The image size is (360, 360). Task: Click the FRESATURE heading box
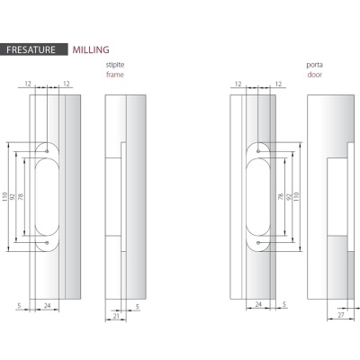[34, 49]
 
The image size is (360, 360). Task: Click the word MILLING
[91, 49]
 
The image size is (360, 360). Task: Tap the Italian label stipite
[115, 65]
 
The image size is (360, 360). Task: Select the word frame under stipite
[115, 75]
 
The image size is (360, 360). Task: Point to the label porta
[314, 65]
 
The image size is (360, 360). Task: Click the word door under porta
[315, 75]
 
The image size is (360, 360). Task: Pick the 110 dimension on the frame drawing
[4, 197]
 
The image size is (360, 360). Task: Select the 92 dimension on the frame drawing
[13, 197]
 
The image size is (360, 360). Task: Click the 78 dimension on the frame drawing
[21, 197]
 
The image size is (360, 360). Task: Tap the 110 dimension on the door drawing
[297, 197]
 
